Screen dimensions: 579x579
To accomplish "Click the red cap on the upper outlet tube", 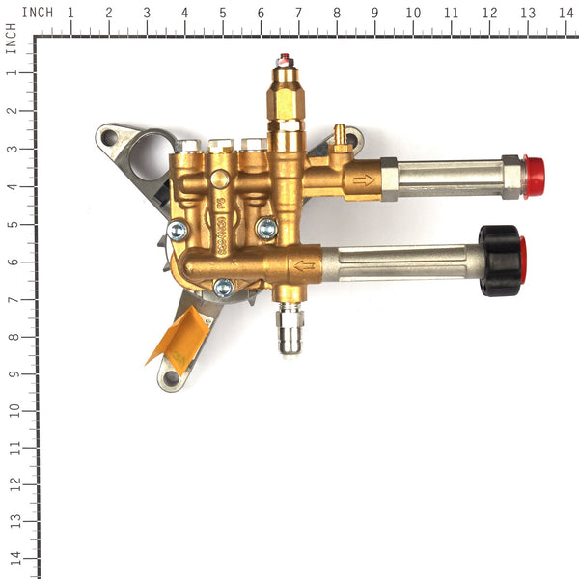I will (x=533, y=177).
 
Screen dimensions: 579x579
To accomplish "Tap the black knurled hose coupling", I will (x=501, y=261).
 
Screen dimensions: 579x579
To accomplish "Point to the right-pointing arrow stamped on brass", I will (x=364, y=179).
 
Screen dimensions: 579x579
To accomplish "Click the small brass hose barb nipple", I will (x=338, y=132).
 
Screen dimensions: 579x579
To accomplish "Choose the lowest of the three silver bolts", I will (x=223, y=287).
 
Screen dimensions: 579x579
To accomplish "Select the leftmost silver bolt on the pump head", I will (x=177, y=231).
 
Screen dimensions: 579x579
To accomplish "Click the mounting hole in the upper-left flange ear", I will (x=109, y=137).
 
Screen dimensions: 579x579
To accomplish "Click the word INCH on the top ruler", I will (x=38, y=12).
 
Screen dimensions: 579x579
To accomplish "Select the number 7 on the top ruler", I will (x=298, y=13).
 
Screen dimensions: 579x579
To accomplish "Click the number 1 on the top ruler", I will (x=70, y=13).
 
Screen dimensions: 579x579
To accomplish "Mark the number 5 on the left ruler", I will (x=13, y=224).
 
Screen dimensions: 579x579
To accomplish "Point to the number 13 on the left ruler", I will (x=13, y=522).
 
